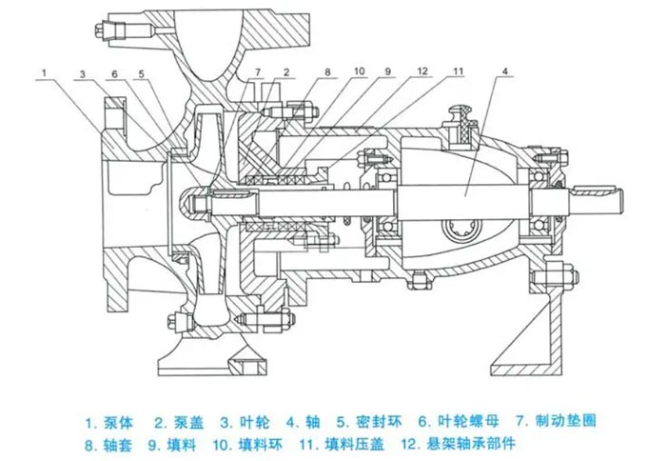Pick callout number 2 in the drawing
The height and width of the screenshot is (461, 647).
285,72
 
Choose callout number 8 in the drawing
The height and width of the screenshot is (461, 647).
327,72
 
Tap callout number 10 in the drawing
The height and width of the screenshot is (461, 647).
359,72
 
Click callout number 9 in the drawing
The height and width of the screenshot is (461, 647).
389,72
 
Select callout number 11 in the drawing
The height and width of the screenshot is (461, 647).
459,72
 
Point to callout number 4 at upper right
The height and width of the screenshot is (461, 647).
504,72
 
